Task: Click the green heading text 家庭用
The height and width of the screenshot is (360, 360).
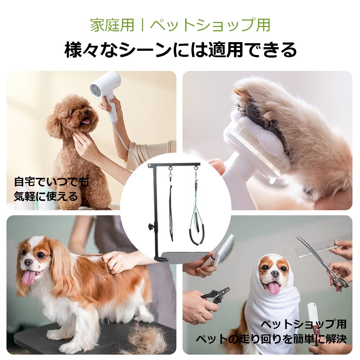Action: [x=112, y=25]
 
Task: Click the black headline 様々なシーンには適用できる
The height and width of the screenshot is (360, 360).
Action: [x=180, y=50]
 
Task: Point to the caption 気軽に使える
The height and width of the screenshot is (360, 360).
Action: [x=46, y=196]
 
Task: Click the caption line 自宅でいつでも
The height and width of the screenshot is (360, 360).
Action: [x=51, y=181]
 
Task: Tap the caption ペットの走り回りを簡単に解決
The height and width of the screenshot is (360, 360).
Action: [x=271, y=339]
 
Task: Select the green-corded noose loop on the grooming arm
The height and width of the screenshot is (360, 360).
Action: [x=197, y=223]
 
